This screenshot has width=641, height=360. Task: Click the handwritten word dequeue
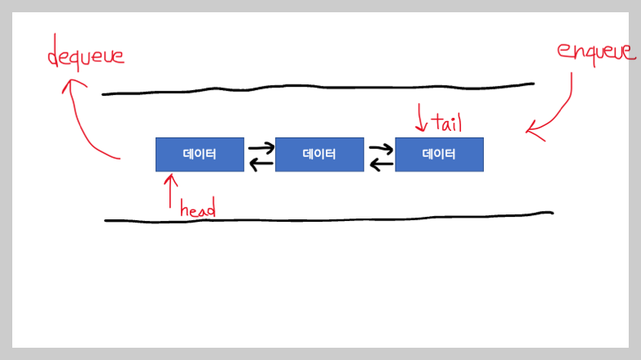coord(85,56)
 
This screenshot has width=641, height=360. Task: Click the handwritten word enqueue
coord(595,51)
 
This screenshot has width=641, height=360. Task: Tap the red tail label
coord(446,124)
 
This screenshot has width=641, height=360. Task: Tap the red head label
coord(197,209)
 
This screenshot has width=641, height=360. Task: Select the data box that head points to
coord(200,154)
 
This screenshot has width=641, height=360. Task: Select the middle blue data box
coord(319,154)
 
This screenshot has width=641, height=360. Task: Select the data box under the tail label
coord(439,154)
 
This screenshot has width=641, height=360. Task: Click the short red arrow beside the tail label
coord(422,118)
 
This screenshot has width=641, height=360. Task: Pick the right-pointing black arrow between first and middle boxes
coord(260,148)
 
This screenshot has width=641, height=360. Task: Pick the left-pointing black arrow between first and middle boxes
coord(260,165)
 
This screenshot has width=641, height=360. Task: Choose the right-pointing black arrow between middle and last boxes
coord(381,148)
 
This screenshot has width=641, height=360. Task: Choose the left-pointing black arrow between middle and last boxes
coord(381,165)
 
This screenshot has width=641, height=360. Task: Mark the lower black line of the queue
coord(327,218)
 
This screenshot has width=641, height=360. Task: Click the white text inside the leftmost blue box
coord(200,154)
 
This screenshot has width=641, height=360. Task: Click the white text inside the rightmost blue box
coord(439,154)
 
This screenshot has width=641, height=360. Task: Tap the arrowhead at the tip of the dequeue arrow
coord(67,83)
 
